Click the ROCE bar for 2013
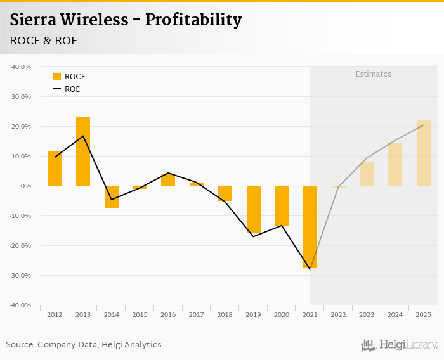pos(83,151)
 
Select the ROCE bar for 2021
pos(310,227)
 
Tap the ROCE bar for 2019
pos(254,209)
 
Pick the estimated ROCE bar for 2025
pos(424,153)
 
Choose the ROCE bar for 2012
pos(55,169)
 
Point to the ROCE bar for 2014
pos(112,197)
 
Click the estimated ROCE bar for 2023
pos(367,174)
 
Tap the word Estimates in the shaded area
pos(373,74)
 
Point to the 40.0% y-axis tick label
pos(22,67)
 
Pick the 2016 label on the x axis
pos(168,315)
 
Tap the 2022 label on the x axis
pos(339,315)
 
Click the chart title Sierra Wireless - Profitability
pos(126,20)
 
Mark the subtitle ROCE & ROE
pos(44,41)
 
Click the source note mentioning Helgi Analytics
pos(84,345)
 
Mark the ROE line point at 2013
pos(83,136)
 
